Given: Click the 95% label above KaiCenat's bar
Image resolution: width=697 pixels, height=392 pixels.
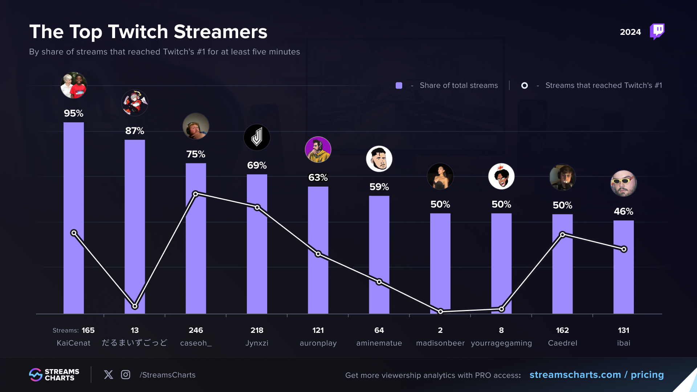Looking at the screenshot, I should pos(74,113).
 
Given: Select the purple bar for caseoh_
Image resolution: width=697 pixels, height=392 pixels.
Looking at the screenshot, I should pos(196,254).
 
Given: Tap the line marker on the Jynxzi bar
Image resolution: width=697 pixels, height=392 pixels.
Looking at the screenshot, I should pos(257,208).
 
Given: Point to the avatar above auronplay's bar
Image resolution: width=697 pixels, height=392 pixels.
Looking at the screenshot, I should pos(318,150).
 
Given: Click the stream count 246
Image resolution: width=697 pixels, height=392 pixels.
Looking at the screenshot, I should pos(196,330).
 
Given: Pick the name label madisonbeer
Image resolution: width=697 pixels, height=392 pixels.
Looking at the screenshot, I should pos(440,343).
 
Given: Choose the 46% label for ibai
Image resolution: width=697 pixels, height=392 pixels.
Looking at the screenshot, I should pos(623,211).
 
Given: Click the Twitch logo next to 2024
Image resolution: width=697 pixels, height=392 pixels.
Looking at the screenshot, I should pos(657,32).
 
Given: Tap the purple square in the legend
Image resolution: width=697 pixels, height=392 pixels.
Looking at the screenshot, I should pos(399,86).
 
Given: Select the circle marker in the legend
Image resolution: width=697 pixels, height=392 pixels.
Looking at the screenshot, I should pos(525,86).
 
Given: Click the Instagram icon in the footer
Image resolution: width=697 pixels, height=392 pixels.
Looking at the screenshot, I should pos(126,375).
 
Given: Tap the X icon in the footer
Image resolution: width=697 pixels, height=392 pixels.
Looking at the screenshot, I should pos(108,375).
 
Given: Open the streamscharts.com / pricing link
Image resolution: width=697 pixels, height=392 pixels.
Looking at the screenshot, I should pos(596,375).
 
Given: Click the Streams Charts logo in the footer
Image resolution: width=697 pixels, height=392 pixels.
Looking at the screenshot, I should pos(54,375).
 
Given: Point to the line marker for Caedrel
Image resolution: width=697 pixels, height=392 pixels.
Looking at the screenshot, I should pos(562,234).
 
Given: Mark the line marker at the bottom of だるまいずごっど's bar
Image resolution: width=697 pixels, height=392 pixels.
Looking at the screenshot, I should pos(135,306).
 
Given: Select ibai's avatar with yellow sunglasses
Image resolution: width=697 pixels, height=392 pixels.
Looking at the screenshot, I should pos(623,183).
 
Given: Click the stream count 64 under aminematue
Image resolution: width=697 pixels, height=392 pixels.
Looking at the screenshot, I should pos(379,330).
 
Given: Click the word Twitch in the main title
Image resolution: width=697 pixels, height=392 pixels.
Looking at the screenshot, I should pos(138,32).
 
